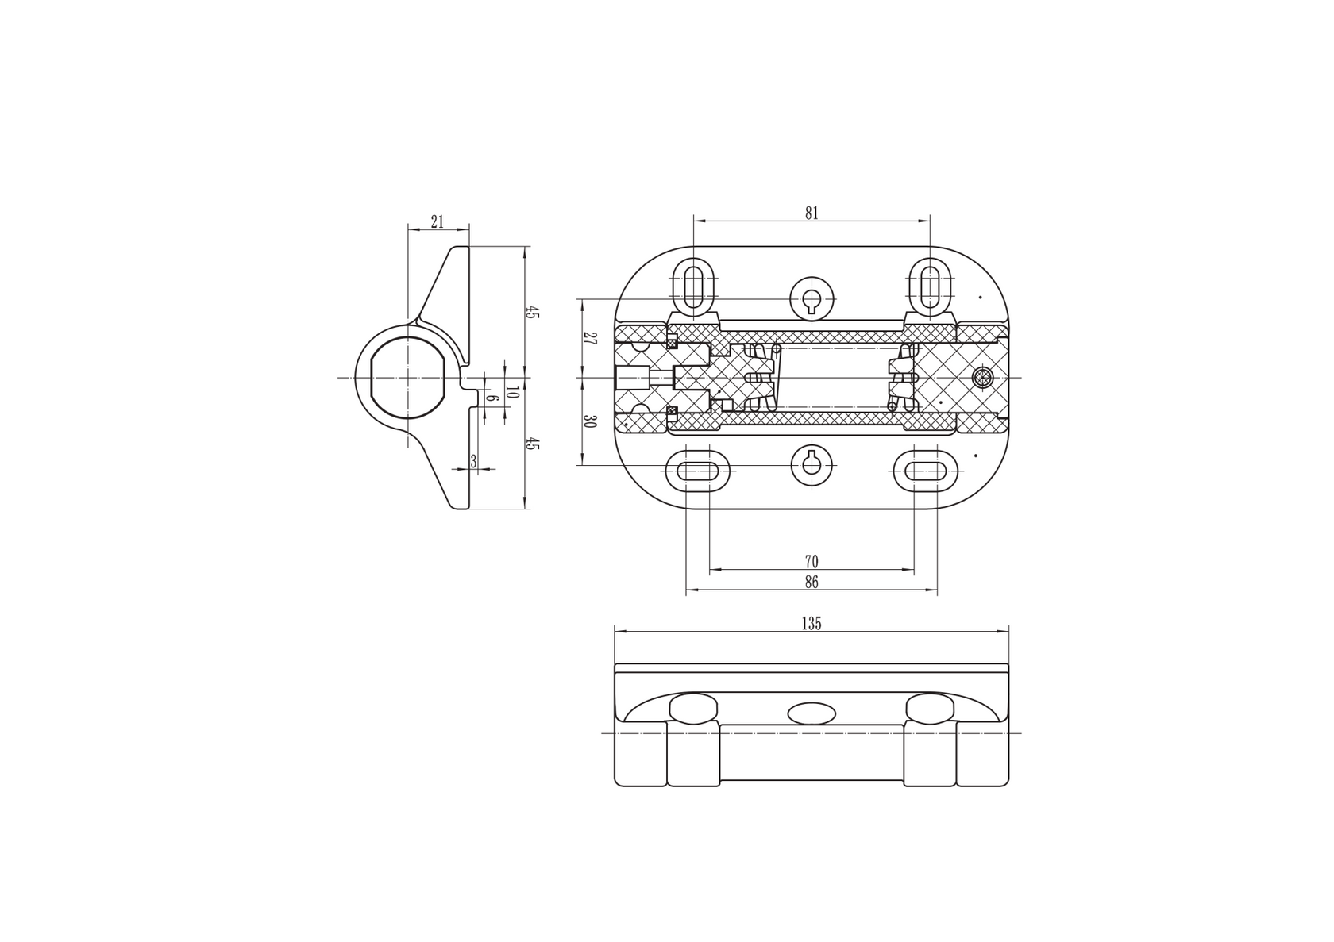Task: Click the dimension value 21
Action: pyautogui.click(x=438, y=222)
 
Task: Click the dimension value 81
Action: pyautogui.click(x=812, y=213)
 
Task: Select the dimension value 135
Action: pyautogui.click(x=812, y=624)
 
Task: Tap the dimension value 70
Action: pyautogui.click(x=812, y=562)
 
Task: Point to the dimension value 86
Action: pyautogui.click(x=812, y=583)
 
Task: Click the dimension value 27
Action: pyautogui.click(x=589, y=338)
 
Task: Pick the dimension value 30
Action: pyautogui.click(x=589, y=421)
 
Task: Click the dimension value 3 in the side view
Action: pyautogui.click(x=473, y=462)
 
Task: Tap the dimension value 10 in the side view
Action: pyautogui.click(x=512, y=392)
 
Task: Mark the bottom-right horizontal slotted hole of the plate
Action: pyautogui.click(x=926, y=471)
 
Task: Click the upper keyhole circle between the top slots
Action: pyautogui.click(x=812, y=298)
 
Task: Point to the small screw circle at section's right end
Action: pyautogui.click(x=983, y=378)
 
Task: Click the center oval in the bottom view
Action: pyautogui.click(x=812, y=713)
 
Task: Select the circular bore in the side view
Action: pyautogui.click(x=407, y=377)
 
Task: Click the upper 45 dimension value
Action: pyautogui.click(x=532, y=313)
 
